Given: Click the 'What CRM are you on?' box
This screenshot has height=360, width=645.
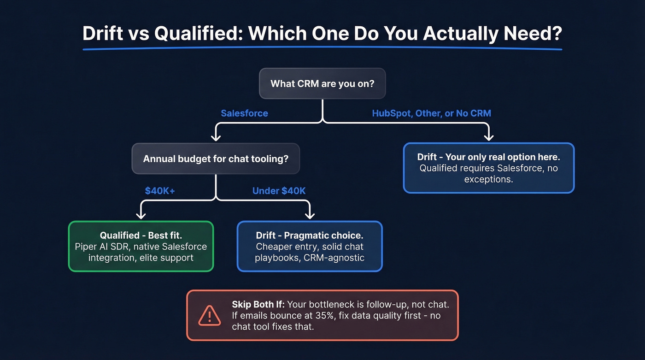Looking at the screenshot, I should click(322, 83).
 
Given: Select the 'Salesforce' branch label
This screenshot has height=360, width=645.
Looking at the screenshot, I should click(244, 113).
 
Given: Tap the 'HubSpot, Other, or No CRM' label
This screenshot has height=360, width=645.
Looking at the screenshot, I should click(431, 113).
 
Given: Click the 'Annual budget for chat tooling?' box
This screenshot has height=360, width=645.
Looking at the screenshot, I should click(216, 159).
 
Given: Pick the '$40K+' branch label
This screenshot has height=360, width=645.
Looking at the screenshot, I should click(160, 190).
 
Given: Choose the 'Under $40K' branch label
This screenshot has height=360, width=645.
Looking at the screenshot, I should click(279, 190).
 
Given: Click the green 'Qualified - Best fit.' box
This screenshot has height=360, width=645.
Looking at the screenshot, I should click(141, 246).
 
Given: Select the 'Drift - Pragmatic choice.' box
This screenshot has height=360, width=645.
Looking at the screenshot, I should click(310, 246).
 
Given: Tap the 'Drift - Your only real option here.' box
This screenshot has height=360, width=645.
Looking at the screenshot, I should click(488, 168).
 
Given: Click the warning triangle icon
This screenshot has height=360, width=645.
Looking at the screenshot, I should click(210, 315).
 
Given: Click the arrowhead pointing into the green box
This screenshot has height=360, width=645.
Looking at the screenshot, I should click(141, 215).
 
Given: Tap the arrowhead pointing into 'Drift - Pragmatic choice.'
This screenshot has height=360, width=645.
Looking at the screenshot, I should click(310, 215).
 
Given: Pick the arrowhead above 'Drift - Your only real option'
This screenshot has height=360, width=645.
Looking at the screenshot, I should click(488, 137).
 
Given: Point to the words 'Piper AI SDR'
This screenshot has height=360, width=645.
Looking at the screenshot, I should click(102, 247).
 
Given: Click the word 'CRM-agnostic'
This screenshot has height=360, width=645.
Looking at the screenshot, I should click(334, 258).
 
